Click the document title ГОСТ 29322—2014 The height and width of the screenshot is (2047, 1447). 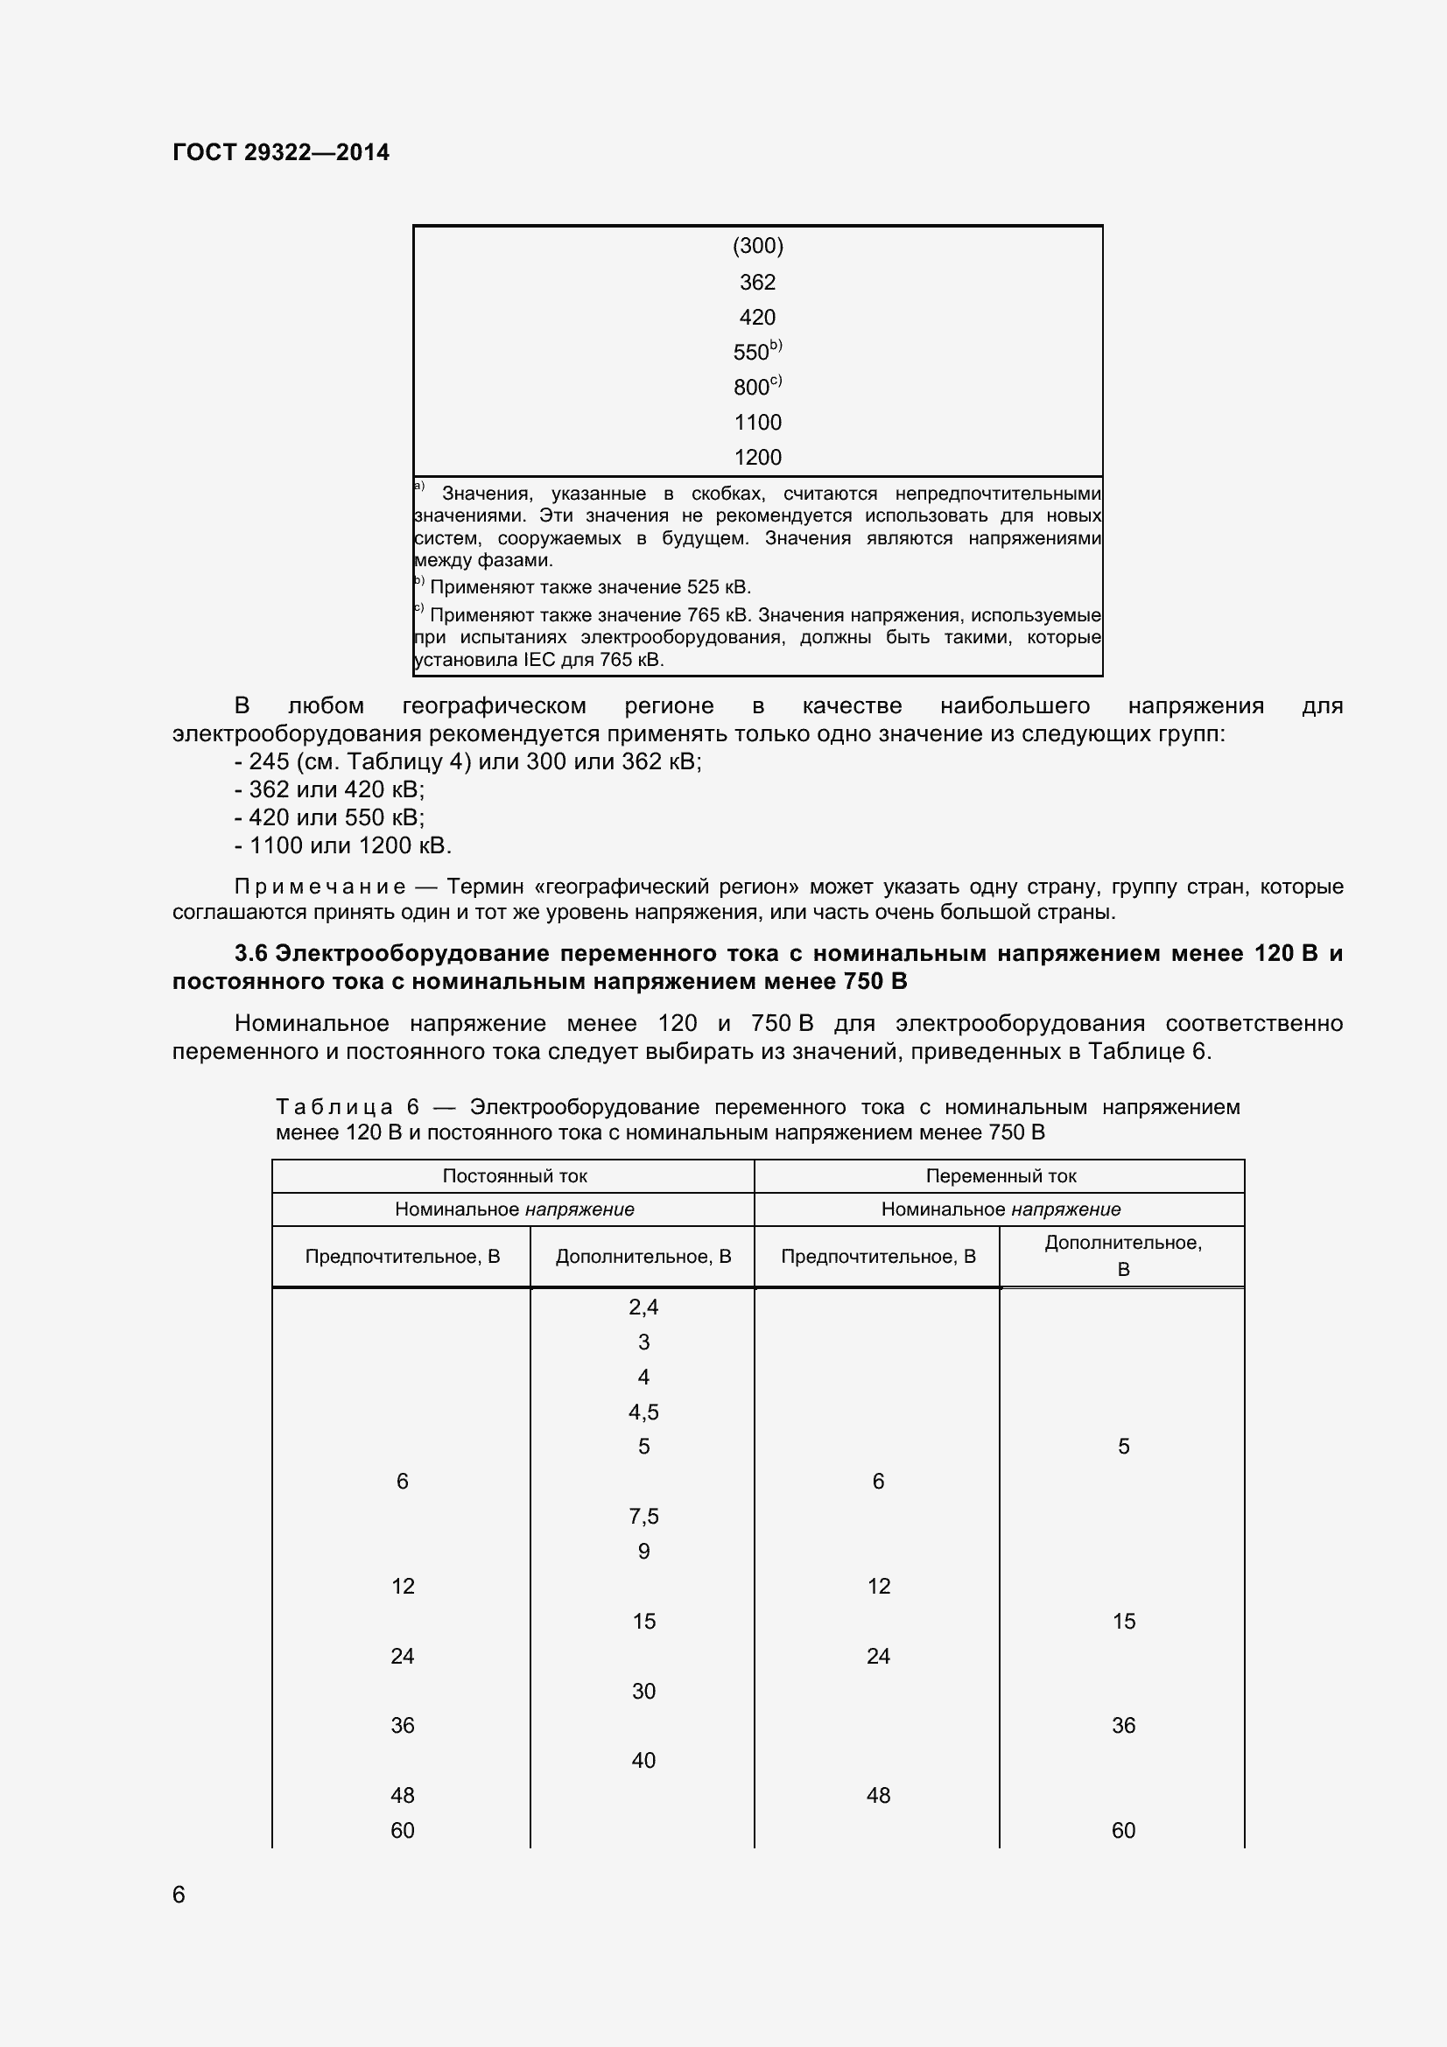click(x=281, y=152)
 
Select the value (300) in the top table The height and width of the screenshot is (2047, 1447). click(x=757, y=246)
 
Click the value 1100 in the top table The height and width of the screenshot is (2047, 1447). click(x=757, y=422)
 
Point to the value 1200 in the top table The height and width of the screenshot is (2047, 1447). click(x=757, y=458)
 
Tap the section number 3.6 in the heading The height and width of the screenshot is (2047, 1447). click(x=250, y=954)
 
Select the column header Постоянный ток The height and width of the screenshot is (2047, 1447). click(x=515, y=1176)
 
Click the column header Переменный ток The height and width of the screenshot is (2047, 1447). click(x=1001, y=1176)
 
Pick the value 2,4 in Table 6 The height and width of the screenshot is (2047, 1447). click(x=643, y=1307)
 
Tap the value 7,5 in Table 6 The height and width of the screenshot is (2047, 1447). click(x=643, y=1517)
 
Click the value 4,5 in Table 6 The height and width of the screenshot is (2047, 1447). click(x=643, y=1413)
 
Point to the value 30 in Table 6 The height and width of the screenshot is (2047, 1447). click(x=643, y=1692)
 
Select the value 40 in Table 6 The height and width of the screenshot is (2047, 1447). click(x=643, y=1761)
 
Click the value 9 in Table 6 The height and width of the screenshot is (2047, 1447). click(x=643, y=1552)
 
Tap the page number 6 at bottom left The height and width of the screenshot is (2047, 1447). click(x=179, y=1895)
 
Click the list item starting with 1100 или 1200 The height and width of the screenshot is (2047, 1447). click(x=343, y=845)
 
